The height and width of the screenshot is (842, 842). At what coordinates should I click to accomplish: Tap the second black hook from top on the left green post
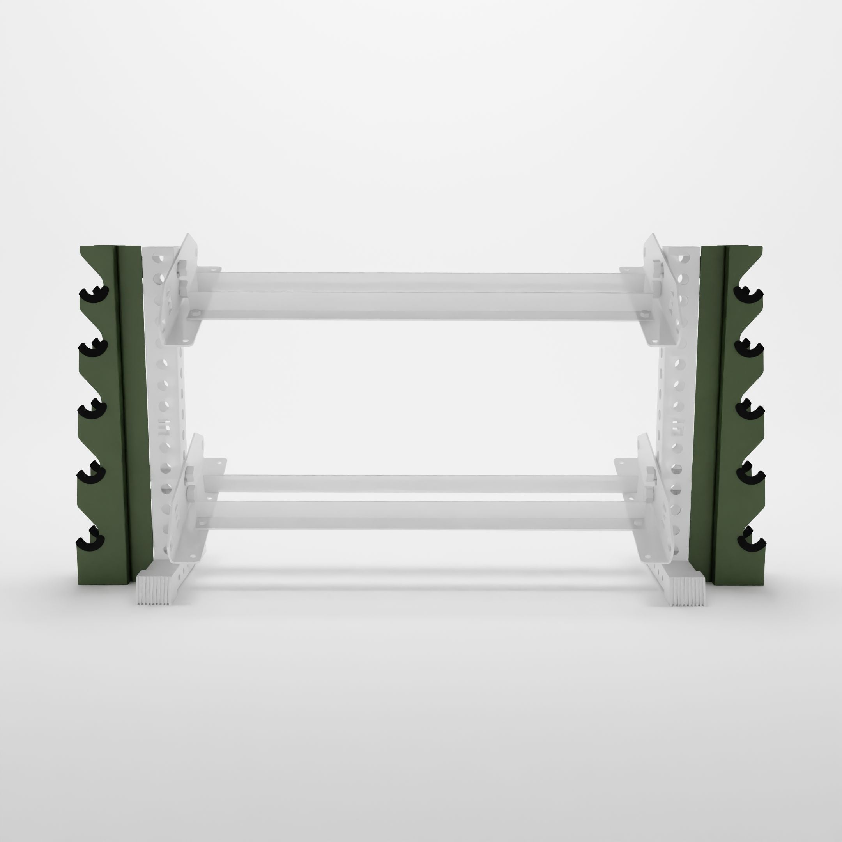pos(93,347)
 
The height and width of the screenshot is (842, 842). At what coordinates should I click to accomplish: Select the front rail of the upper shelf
pos(418,301)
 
